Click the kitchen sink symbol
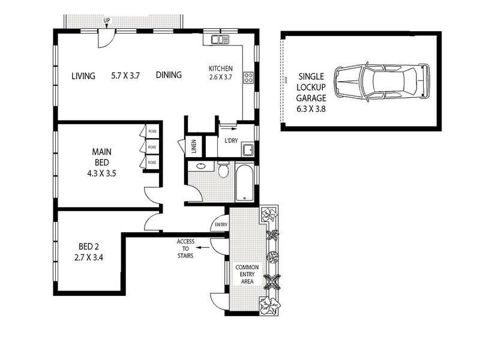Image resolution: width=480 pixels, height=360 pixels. [220, 40]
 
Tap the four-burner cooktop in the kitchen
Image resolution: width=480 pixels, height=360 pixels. [248, 77]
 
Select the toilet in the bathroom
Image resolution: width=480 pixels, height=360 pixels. [223, 172]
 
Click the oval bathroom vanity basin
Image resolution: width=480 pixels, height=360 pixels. [201, 167]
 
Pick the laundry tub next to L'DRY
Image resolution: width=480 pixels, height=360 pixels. [247, 149]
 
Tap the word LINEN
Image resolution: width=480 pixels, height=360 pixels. [194, 146]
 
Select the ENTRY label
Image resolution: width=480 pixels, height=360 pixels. [220, 226]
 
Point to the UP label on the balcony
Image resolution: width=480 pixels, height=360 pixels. [107, 21]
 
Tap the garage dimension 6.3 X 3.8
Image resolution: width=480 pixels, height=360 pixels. [311, 109]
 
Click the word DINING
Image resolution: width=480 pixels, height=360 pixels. [169, 76]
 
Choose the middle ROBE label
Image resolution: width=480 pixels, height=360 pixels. [152, 146]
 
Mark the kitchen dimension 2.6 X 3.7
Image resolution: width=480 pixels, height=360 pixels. [220, 77]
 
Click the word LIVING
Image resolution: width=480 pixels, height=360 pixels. [83, 76]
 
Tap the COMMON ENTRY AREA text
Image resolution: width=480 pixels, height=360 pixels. [247, 274]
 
